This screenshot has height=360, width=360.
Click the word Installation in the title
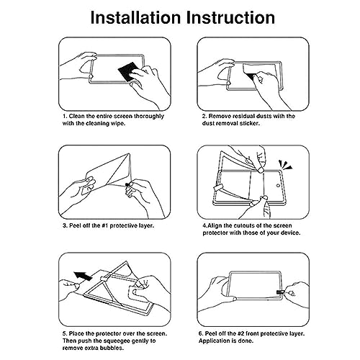pyautogui.click(x=135, y=17)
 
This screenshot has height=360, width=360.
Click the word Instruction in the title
pyautogui.click(x=230, y=17)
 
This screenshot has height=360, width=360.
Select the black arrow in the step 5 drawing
pyautogui.click(x=83, y=276)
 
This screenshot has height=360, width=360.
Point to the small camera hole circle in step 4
pyautogui.click(x=278, y=186)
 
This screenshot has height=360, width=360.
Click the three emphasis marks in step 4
pyautogui.click(x=285, y=165)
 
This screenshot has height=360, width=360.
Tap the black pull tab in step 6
pyautogui.click(x=280, y=292)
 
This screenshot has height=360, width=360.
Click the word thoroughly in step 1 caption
pyautogui.click(x=149, y=117)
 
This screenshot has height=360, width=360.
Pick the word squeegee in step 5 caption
pyautogui.click(x=117, y=341)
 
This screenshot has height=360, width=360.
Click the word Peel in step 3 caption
pyautogui.click(x=75, y=225)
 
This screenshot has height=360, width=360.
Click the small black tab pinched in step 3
pyautogui.click(x=127, y=184)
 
